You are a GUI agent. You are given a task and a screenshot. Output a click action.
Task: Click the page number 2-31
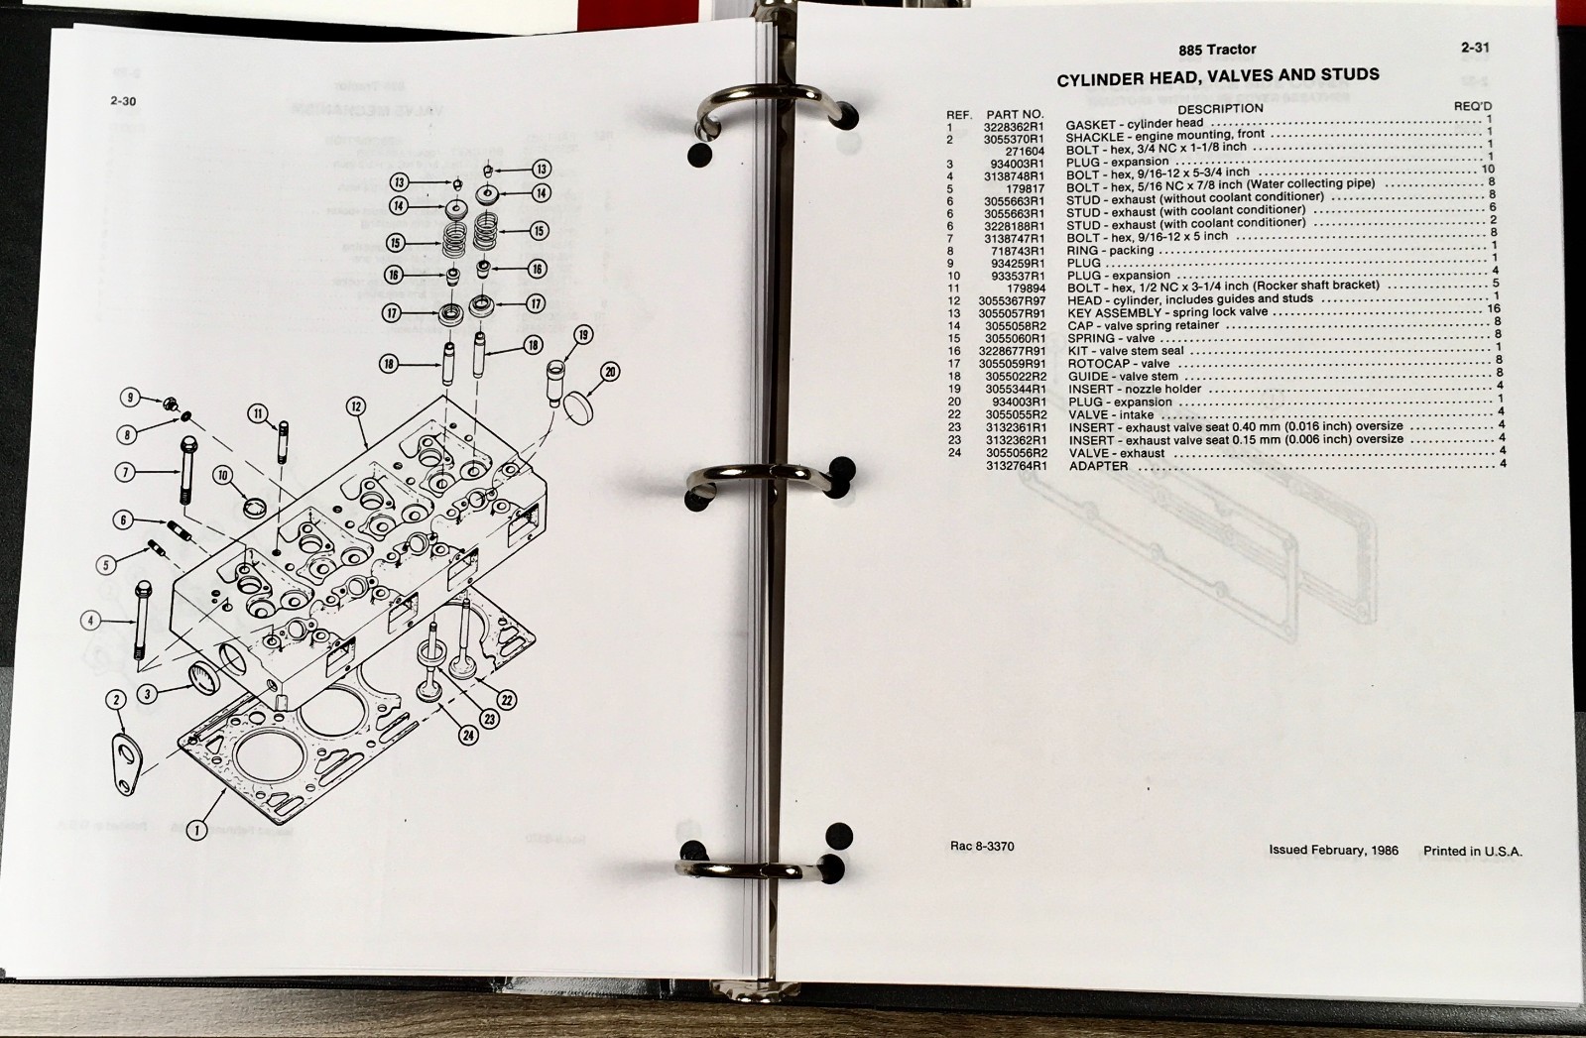click(1475, 48)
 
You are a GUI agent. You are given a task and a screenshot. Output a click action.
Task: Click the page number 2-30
click(123, 101)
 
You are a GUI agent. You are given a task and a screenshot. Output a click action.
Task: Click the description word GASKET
click(1091, 125)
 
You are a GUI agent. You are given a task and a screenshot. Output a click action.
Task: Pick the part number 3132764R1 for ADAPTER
click(1016, 466)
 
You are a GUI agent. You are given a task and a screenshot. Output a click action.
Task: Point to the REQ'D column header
click(1473, 106)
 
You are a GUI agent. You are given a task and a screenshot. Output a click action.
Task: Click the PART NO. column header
click(1015, 114)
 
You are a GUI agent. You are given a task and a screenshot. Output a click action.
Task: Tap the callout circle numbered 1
click(196, 829)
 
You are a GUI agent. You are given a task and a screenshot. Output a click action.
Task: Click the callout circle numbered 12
click(355, 406)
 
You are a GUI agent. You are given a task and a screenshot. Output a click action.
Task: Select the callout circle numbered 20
click(610, 372)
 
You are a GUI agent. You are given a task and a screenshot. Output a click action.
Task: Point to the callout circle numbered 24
click(468, 736)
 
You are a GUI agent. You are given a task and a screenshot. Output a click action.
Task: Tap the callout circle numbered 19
click(582, 335)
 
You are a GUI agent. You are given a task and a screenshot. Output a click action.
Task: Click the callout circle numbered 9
click(130, 398)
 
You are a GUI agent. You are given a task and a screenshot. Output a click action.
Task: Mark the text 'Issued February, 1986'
click(1333, 850)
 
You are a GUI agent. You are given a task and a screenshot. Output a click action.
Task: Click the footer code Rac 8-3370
click(981, 846)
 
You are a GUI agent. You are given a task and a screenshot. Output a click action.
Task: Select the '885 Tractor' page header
click(1217, 50)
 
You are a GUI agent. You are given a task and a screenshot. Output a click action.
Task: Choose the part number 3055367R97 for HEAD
click(1013, 300)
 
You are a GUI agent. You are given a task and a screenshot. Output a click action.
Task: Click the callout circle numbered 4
click(90, 622)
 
